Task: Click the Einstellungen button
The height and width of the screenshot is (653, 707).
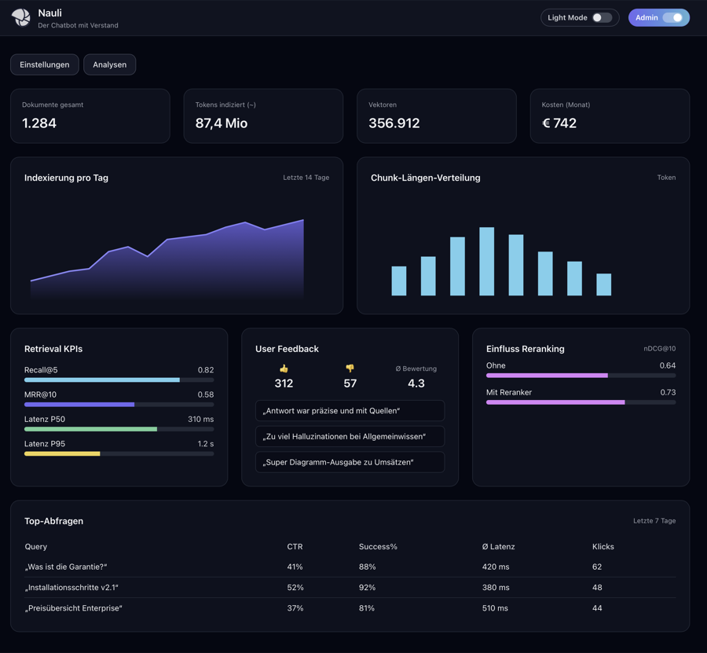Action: click(45, 64)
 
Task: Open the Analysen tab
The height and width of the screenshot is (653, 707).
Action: click(110, 64)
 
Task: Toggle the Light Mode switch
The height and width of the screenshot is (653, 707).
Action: click(602, 17)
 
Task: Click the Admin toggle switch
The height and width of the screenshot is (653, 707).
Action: click(672, 17)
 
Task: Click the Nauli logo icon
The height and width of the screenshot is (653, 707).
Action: click(21, 17)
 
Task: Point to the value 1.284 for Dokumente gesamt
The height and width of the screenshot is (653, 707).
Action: click(39, 123)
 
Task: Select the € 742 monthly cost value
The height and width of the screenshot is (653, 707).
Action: click(559, 123)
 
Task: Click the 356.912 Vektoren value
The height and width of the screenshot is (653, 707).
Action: click(394, 123)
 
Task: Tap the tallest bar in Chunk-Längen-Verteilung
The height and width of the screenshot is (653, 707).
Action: click(487, 262)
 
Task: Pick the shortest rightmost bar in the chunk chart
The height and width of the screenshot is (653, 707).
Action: click(603, 284)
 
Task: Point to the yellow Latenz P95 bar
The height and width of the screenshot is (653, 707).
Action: click(62, 454)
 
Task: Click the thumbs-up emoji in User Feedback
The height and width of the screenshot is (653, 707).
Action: click(284, 369)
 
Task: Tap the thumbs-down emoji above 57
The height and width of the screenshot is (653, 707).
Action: click(350, 369)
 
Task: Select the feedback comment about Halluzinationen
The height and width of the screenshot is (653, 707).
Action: click(350, 436)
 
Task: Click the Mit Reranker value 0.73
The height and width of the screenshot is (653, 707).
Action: click(667, 392)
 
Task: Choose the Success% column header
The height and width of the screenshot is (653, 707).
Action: click(378, 546)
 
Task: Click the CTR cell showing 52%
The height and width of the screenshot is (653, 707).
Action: click(295, 588)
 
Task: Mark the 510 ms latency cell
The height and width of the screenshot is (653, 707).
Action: click(495, 608)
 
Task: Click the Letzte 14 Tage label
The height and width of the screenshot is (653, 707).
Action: click(306, 178)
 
